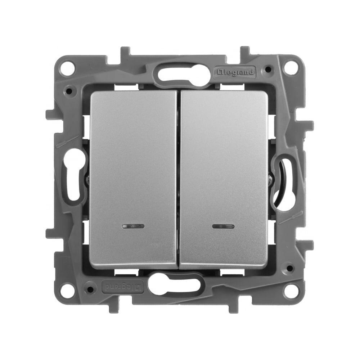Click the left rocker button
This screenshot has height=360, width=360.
(x=134, y=180)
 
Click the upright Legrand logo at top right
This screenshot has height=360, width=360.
(x=235, y=72)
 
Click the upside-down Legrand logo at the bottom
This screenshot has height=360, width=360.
(x=122, y=287)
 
